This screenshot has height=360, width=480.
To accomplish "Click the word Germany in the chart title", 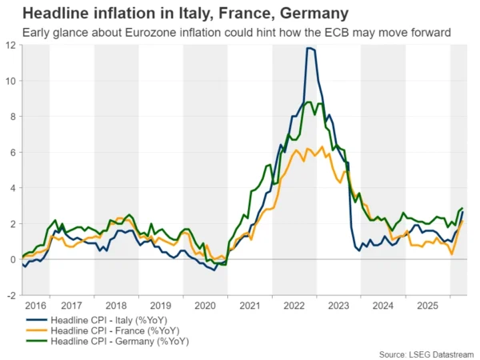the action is click(314, 14).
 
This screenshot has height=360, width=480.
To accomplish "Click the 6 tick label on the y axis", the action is click(13, 153).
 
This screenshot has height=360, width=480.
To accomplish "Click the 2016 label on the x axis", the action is click(36, 306).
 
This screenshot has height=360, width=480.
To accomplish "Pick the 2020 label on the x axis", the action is click(205, 306).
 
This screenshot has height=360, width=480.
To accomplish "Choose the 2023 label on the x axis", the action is click(338, 306).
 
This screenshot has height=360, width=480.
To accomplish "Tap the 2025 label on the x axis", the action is click(428, 306).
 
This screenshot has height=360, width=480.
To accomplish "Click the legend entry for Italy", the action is click(109, 320).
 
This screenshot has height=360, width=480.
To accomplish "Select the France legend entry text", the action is click(115, 330).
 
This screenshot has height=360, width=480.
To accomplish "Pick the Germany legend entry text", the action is click(120, 341).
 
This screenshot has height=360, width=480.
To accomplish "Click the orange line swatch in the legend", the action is click(37, 330).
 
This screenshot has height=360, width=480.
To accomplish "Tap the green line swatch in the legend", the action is click(37, 341).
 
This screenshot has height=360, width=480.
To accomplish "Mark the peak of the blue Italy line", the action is click(309, 48).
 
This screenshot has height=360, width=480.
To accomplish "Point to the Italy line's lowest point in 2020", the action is click(214, 270).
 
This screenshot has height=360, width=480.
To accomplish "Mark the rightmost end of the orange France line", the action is click(462, 221).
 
